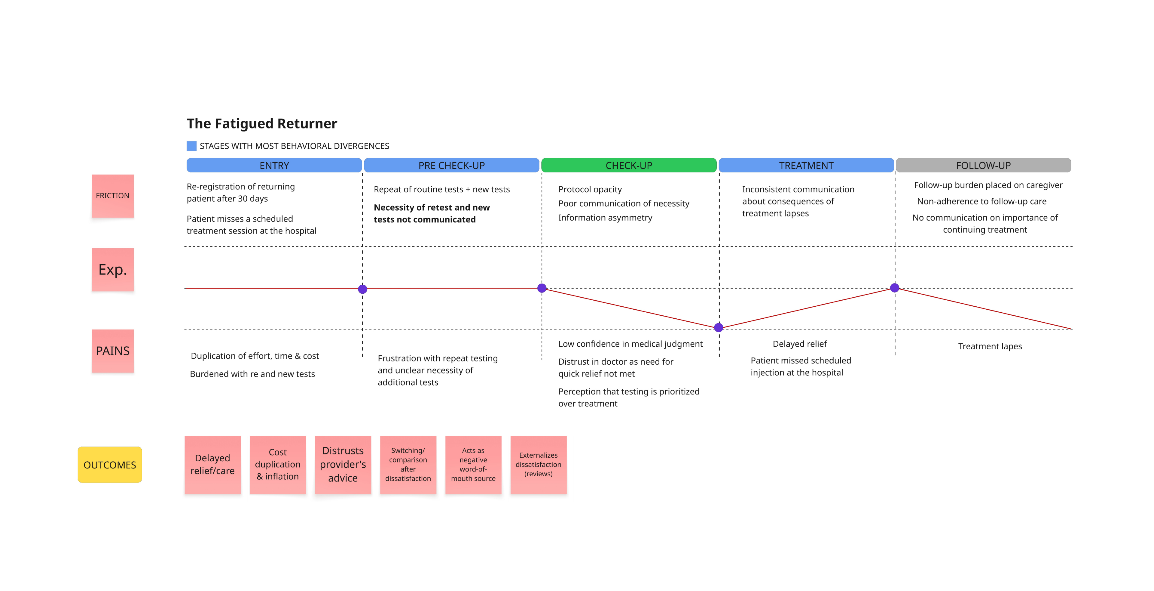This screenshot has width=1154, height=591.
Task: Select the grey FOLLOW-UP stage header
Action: click(x=983, y=165)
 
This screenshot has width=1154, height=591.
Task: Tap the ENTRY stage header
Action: click(x=274, y=165)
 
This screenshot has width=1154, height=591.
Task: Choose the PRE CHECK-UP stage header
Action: click(x=452, y=165)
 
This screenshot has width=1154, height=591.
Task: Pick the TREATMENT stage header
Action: click(x=806, y=165)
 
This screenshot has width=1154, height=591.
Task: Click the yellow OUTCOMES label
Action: click(x=110, y=465)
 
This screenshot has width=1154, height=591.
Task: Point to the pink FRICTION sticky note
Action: click(x=112, y=196)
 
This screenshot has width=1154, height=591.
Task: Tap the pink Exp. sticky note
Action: click(x=112, y=270)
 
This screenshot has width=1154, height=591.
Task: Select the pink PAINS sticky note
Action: click(x=112, y=351)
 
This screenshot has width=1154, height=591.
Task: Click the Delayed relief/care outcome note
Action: click(x=212, y=465)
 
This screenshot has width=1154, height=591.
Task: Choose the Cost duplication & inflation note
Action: click(x=278, y=465)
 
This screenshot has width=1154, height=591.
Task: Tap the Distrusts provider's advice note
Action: click(x=343, y=465)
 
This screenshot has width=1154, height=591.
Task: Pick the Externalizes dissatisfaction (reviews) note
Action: click(x=539, y=465)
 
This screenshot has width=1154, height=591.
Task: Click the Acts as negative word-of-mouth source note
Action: click(x=473, y=465)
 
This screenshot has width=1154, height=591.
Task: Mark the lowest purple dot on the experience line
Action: click(x=719, y=327)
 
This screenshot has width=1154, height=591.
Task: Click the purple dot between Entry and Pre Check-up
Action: click(x=362, y=289)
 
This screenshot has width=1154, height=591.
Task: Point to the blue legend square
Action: click(x=191, y=146)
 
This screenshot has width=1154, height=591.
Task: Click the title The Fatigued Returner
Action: click(x=262, y=123)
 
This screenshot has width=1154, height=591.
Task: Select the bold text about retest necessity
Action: click(x=432, y=213)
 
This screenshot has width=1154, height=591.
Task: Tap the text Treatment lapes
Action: click(x=990, y=346)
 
